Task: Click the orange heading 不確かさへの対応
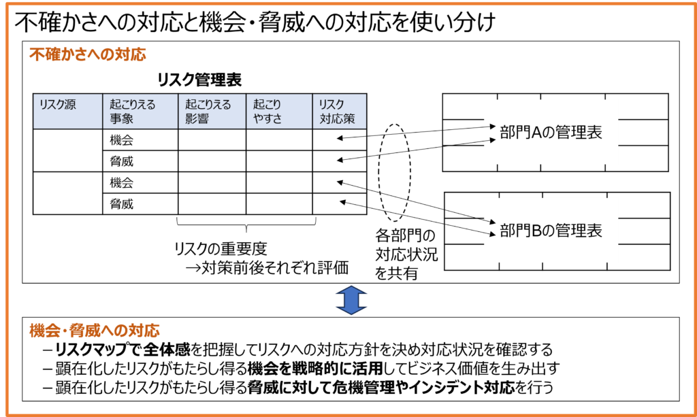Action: click(x=87, y=54)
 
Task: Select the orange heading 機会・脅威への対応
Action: click(x=95, y=331)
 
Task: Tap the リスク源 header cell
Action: click(x=68, y=112)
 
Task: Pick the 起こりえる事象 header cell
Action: click(x=140, y=112)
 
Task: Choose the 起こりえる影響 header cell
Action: click(x=212, y=112)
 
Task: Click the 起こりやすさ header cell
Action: click(x=279, y=112)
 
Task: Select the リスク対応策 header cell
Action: click(x=339, y=112)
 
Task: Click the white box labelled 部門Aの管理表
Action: click(x=551, y=132)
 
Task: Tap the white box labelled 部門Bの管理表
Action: click(x=551, y=230)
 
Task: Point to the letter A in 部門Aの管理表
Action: click(x=536, y=133)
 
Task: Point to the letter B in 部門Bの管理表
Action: click(x=536, y=231)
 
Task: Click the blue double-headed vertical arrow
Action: click(x=351, y=300)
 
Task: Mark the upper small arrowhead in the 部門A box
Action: click(x=492, y=126)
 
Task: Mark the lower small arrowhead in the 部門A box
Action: click(x=492, y=141)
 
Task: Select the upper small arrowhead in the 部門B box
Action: click(x=492, y=222)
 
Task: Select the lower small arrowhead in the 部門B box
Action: click(x=492, y=234)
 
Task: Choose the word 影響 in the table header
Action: click(x=197, y=119)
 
